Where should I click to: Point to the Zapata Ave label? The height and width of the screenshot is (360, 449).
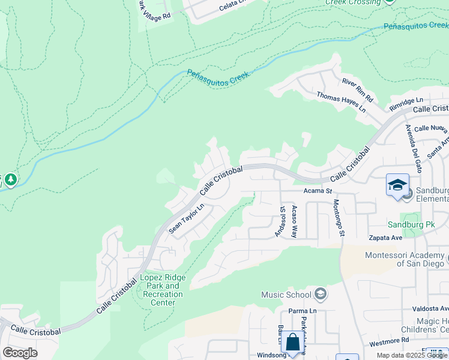(x=385, y=237)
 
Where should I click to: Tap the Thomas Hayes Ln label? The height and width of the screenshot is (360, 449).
(x=341, y=103)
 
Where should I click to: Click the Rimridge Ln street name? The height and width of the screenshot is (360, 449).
(x=406, y=103)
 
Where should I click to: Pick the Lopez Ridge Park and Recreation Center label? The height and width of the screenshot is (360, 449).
(x=163, y=290)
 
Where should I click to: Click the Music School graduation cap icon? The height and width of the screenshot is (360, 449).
(x=321, y=294)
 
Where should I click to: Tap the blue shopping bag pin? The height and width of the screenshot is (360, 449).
(x=292, y=343)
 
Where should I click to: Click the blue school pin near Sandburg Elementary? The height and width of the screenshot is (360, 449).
(x=397, y=185)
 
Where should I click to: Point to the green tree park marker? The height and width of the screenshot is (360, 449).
(x=10, y=179)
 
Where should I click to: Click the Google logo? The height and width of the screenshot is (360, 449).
(x=20, y=353)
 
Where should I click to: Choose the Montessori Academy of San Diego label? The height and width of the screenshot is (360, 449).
(x=405, y=260)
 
